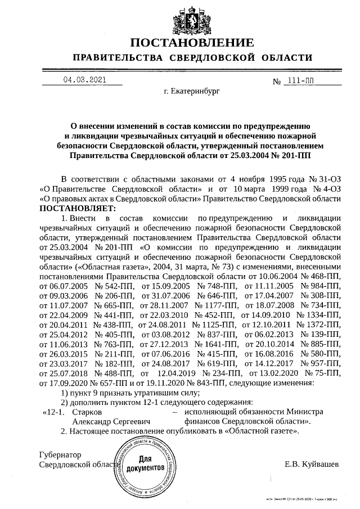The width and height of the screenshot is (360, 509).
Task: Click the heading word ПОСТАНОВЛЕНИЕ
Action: pos(192,43)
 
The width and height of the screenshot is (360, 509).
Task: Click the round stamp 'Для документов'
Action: pos(146,466)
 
